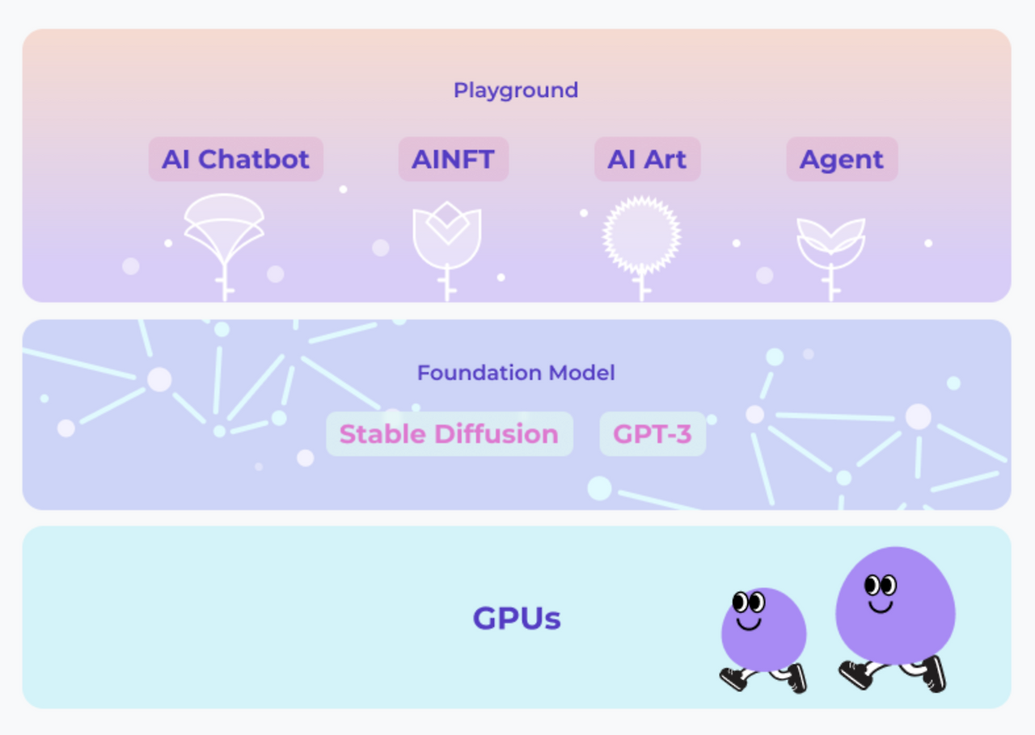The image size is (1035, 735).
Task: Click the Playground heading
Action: [x=516, y=90]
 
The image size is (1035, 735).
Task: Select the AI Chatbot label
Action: [x=235, y=159]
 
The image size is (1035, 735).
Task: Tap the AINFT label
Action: [x=453, y=159]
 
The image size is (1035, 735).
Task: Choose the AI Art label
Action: [x=647, y=159]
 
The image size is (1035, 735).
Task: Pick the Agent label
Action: [x=842, y=159]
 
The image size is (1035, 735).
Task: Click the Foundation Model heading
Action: [x=516, y=373]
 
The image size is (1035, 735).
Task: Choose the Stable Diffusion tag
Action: [x=449, y=434]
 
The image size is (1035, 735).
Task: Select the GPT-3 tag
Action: [x=653, y=434]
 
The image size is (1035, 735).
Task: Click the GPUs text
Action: [x=517, y=619]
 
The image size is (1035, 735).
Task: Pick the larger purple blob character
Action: [x=895, y=606]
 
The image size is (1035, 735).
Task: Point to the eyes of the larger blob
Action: [x=881, y=585]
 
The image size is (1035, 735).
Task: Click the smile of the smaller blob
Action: [x=749, y=623]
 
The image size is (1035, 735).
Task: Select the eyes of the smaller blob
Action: [x=749, y=602]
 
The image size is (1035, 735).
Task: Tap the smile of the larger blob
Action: [x=881, y=606]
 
